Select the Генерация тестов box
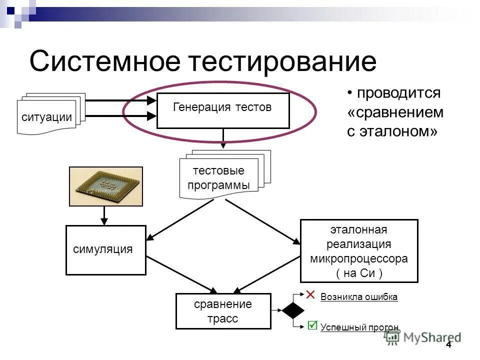point(223,110)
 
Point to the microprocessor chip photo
point(105,186)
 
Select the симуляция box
point(105,250)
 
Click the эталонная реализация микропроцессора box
point(358,251)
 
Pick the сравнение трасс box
point(223,311)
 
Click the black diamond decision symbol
point(292,310)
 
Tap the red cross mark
point(310,294)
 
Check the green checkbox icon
point(312,325)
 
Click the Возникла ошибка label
point(359,297)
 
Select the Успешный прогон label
point(359,328)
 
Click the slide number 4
point(448,345)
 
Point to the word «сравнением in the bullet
point(395,112)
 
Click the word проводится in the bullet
point(398,93)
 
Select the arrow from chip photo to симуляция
point(104,215)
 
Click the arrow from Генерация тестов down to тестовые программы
point(223,138)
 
